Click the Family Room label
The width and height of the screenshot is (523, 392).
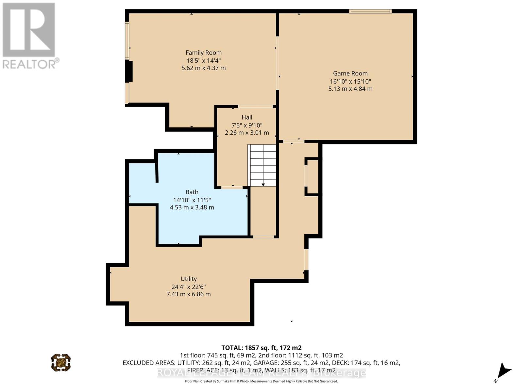pyautogui.click(x=203, y=53)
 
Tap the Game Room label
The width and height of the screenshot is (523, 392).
pyautogui.click(x=350, y=73)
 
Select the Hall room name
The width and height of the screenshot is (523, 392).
pyautogui.click(x=247, y=117)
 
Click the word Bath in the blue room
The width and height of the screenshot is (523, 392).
pyautogui.click(x=192, y=192)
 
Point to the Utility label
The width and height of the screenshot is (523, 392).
pyautogui.click(x=189, y=279)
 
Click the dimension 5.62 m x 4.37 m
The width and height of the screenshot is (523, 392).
pyautogui.click(x=203, y=68)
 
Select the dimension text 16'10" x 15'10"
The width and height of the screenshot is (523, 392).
pyautogui.click(x=350, y=81)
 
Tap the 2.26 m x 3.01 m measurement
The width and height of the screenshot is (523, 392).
pyautogui.click(x=247, y=133)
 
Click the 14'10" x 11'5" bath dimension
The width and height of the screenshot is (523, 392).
pyautogui.click(x=192, y=200)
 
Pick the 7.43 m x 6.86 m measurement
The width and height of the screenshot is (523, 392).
pyautogui.click(x=189, y=294)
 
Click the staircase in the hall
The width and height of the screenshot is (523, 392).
pyautogui.click(x=262, y=165)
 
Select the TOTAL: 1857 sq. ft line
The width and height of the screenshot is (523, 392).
pyautogui.click(x=261, y=348)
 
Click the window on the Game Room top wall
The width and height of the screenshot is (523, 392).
pyautogui.click(x=370, y=11)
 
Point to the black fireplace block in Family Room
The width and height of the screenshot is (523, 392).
pyautogui.click(x=129, y=71)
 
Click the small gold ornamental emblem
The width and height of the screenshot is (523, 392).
pyautogui.click(x=61, y=362)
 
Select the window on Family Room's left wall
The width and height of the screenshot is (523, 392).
pyautogui.click(x=127, y=40)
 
